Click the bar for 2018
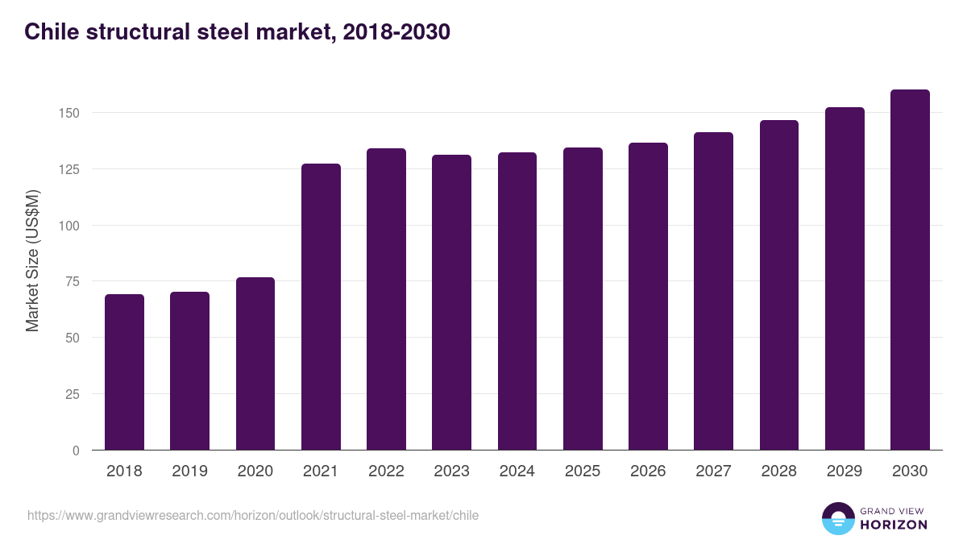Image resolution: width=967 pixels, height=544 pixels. pos(124,372)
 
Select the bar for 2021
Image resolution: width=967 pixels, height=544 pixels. pos(321,307)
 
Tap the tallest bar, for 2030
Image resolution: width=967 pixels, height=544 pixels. pos(910,270)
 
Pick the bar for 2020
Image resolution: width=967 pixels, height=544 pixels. pos(255,363)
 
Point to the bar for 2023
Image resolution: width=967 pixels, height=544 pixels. pos(451,302)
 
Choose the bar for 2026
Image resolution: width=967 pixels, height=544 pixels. pos(648,297)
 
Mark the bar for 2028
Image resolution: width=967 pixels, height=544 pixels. pos(779,285)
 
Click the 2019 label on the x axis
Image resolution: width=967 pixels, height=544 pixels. pos(190,471)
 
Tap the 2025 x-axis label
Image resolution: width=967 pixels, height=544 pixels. pos(583,471)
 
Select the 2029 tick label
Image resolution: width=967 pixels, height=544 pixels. pos(845,471)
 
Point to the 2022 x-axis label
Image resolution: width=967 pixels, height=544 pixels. pos(386,471)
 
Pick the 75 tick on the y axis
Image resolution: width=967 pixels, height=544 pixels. pos(72,281)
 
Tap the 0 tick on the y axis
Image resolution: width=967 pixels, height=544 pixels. pos(76,451)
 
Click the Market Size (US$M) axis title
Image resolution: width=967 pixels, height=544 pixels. pos(32,261)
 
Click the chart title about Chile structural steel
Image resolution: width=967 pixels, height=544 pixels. pos(237,31)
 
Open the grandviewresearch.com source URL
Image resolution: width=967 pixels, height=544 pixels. pos(253,515)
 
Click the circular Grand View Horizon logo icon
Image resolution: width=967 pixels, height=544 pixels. pos(838,518)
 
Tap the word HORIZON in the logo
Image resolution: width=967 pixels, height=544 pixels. pos(894,525)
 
